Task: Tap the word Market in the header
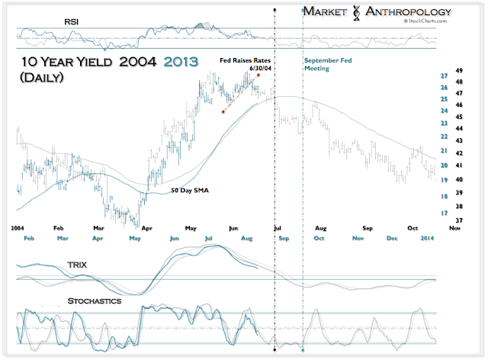pos(328,11)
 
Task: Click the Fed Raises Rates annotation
pos(245,59)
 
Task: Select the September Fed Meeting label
pos(331,63)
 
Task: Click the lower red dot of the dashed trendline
pos(223,111)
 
